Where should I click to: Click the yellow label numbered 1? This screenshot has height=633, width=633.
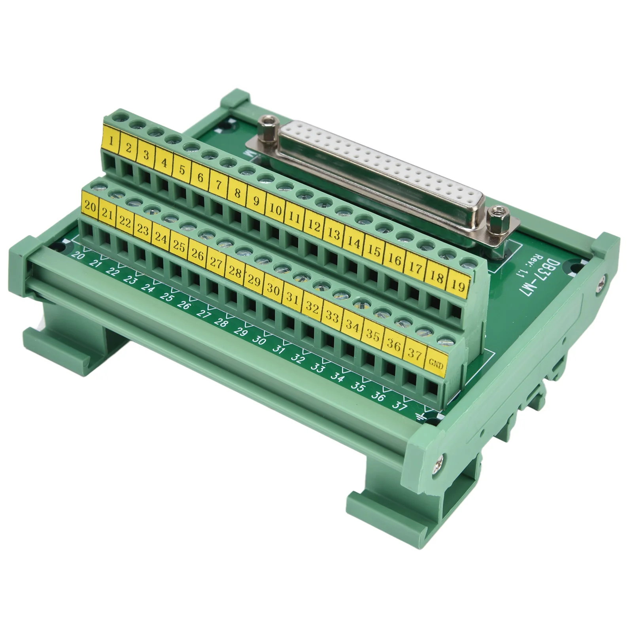112,141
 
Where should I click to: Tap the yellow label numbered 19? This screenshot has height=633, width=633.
458,285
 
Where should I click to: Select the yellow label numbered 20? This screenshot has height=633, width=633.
91,207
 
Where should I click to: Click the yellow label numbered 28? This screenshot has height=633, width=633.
235,272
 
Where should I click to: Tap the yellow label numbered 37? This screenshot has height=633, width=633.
414,353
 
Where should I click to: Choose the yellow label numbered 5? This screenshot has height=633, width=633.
182,170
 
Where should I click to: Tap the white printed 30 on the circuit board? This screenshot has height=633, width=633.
259,340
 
